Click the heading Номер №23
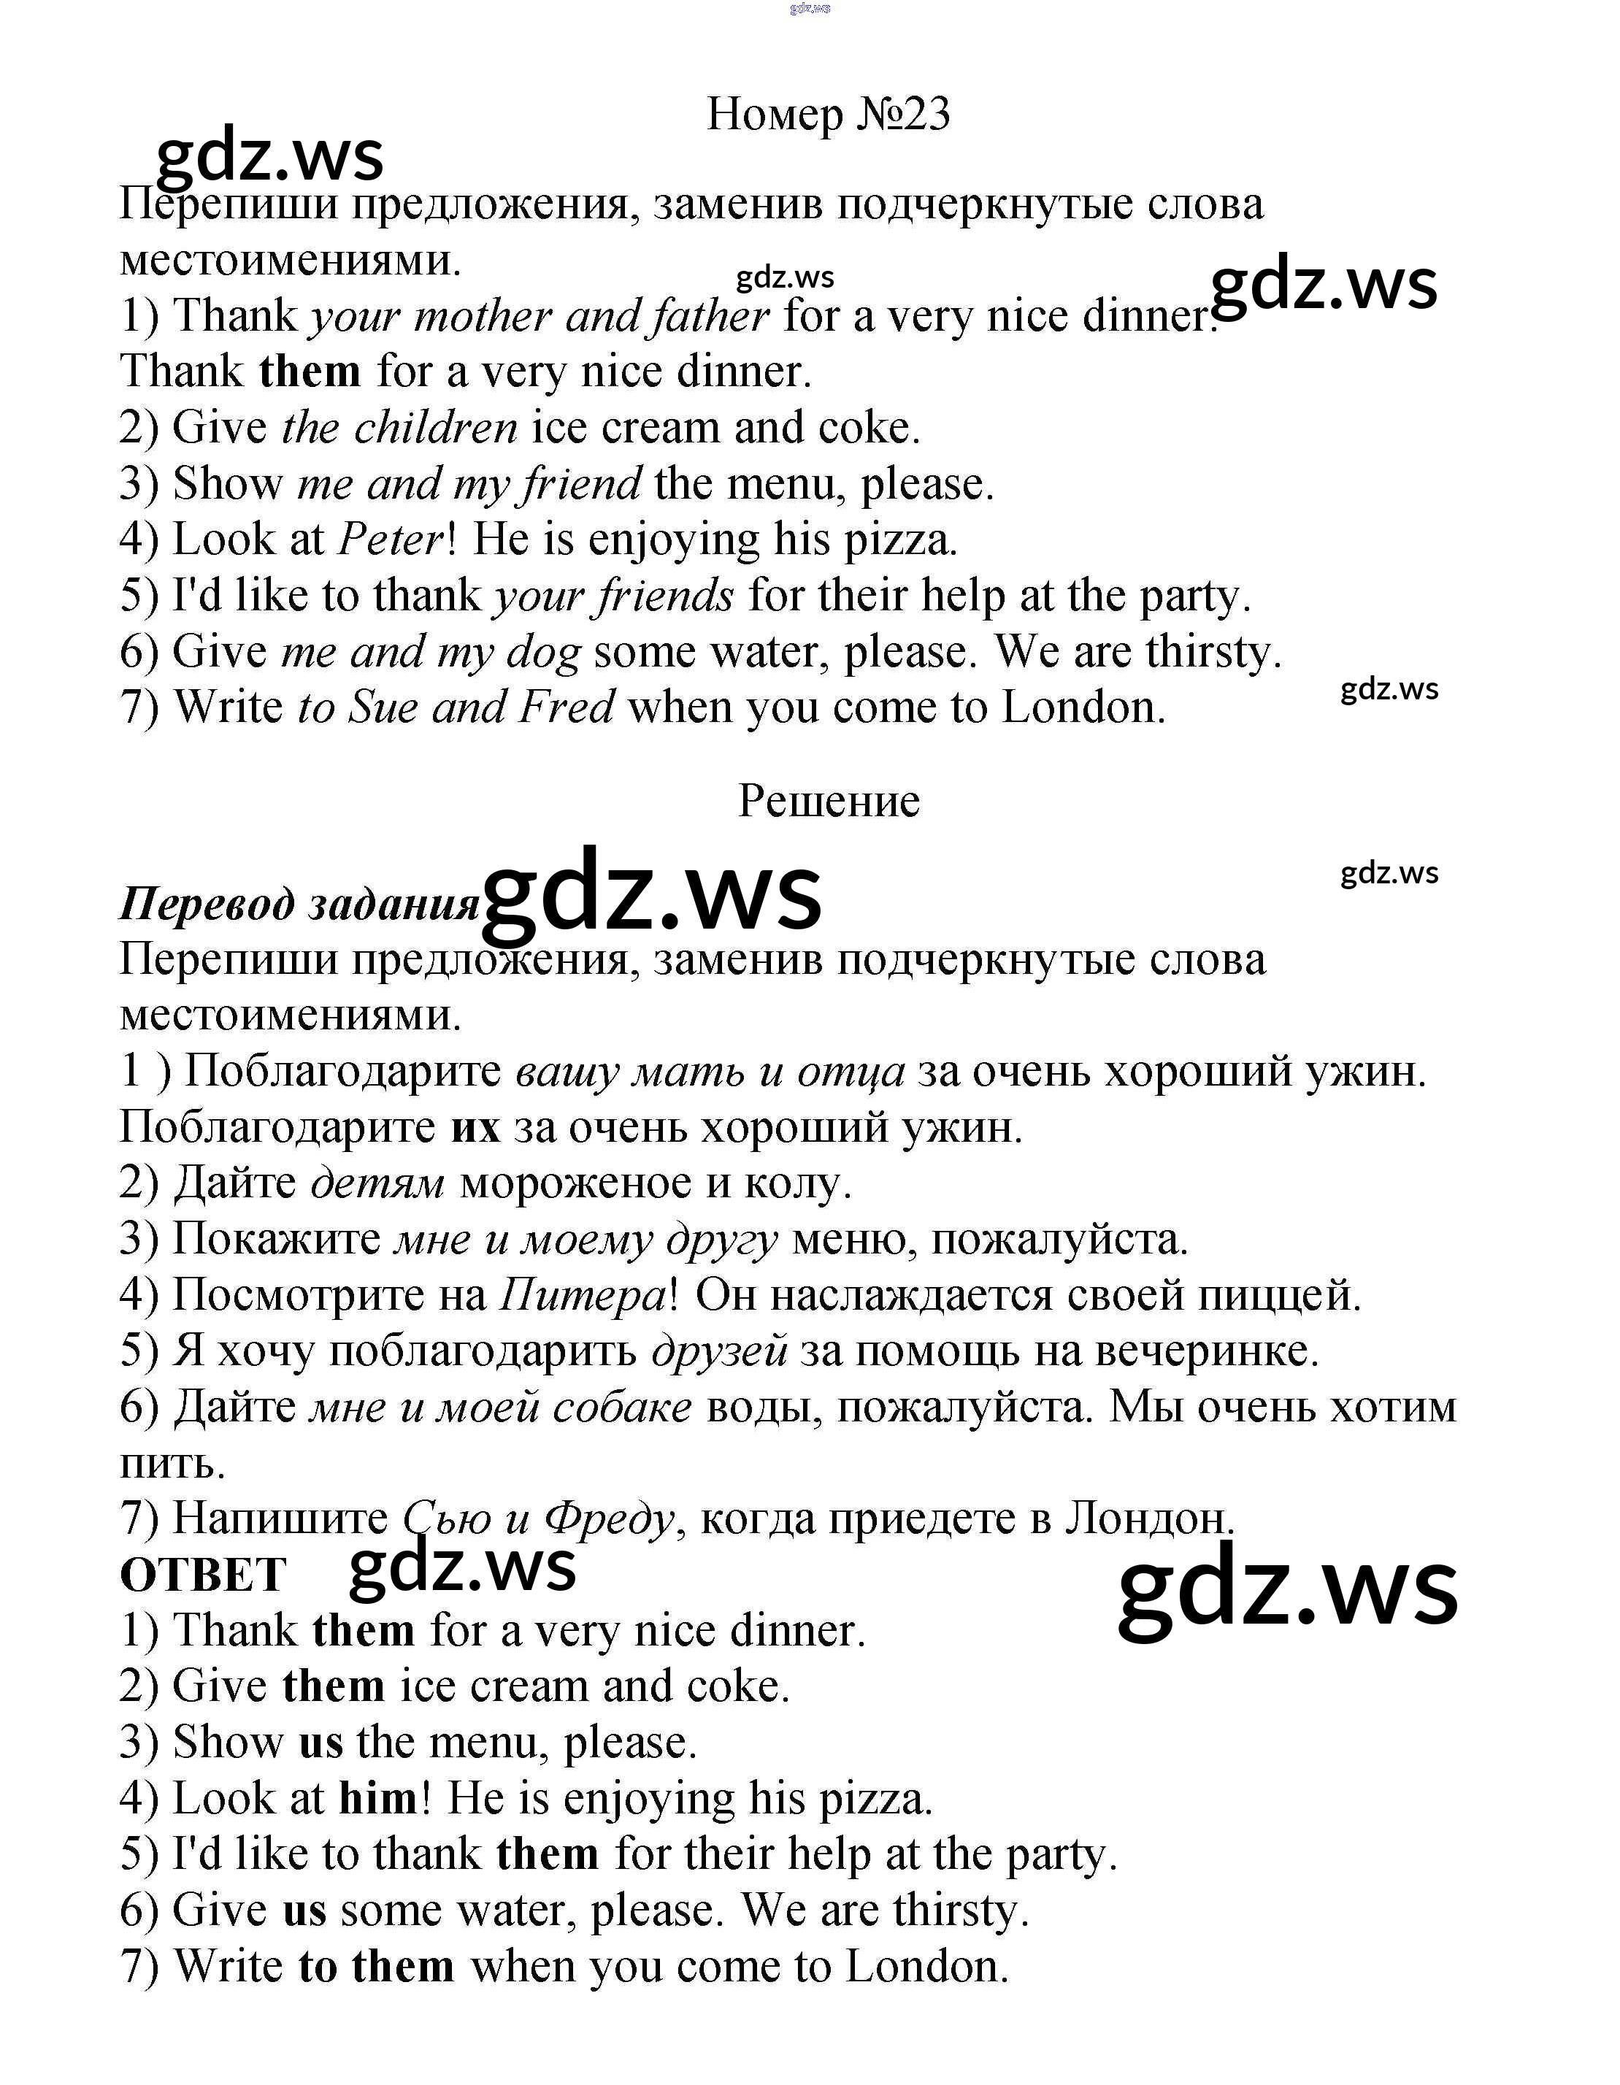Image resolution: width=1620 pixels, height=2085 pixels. pos(828,115)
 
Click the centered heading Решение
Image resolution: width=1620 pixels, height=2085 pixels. pos(828,800)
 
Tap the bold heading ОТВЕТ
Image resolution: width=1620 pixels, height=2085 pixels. pos(202,1574)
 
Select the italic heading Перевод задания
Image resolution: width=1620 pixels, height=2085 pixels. pos(299,903)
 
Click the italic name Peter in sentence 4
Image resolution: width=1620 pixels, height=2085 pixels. pos(391,540)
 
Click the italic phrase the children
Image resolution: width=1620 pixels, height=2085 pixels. pos(399,428)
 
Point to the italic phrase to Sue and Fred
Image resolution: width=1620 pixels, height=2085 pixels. pos(456,707)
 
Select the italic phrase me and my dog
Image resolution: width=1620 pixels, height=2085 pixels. pos(429,652)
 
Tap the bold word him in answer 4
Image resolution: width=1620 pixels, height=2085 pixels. pos(378,1799)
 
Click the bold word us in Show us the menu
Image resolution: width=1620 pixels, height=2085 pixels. pos(320,1743)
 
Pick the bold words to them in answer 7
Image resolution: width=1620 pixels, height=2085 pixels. pos(376,1967)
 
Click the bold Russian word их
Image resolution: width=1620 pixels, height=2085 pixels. pos(475,1127)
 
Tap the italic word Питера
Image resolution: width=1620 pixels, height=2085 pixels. pos(583,1296)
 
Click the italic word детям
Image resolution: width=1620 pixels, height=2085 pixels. pos(378,1184)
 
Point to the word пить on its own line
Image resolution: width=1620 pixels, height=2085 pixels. pos(172,1464)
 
